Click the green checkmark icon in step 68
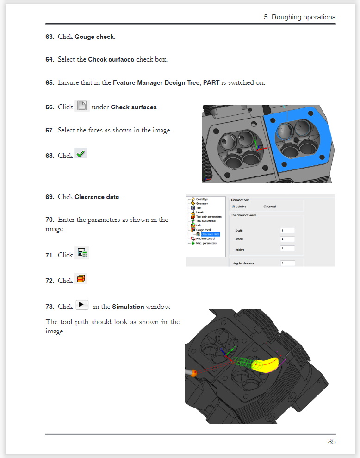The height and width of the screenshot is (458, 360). (81, 154)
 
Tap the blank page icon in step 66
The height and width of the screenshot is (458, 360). (82, 106)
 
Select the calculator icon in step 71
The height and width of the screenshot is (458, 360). (82, 253)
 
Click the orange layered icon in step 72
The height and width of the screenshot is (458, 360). (81, 279)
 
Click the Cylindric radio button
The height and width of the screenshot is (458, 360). (234, 207)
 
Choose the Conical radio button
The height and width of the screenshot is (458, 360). (265, 207)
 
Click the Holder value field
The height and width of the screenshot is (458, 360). (287, 249)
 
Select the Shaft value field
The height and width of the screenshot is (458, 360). (287, 231)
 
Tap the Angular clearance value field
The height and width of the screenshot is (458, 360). (287, 263)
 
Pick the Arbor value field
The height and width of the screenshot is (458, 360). (287, 239)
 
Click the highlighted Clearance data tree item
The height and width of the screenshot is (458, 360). (210, 234)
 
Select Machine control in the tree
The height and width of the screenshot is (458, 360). (205, 238)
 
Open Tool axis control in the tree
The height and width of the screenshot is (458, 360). (206, 221)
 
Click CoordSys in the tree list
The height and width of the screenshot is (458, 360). (202, 199)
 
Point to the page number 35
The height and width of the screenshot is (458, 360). (332, 442)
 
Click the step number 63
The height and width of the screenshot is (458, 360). (50, 37)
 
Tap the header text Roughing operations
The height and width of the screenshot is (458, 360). (304, 17)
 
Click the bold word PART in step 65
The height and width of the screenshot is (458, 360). (211, 82)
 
